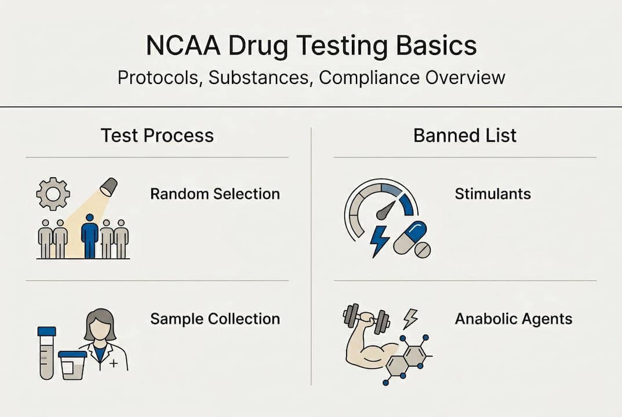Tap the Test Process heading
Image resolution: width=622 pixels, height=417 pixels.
157,136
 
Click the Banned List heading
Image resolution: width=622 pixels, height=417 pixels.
465,136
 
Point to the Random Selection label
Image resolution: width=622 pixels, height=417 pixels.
215,193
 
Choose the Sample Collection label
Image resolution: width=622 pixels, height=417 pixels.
215,319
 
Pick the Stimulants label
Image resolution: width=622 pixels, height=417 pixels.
493,193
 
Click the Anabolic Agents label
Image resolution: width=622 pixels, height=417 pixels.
514,319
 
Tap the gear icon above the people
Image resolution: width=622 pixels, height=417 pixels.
53,193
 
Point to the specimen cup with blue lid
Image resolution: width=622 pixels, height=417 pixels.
73,365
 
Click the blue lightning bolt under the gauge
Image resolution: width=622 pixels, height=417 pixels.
380,240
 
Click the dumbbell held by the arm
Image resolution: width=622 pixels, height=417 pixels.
367,317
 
